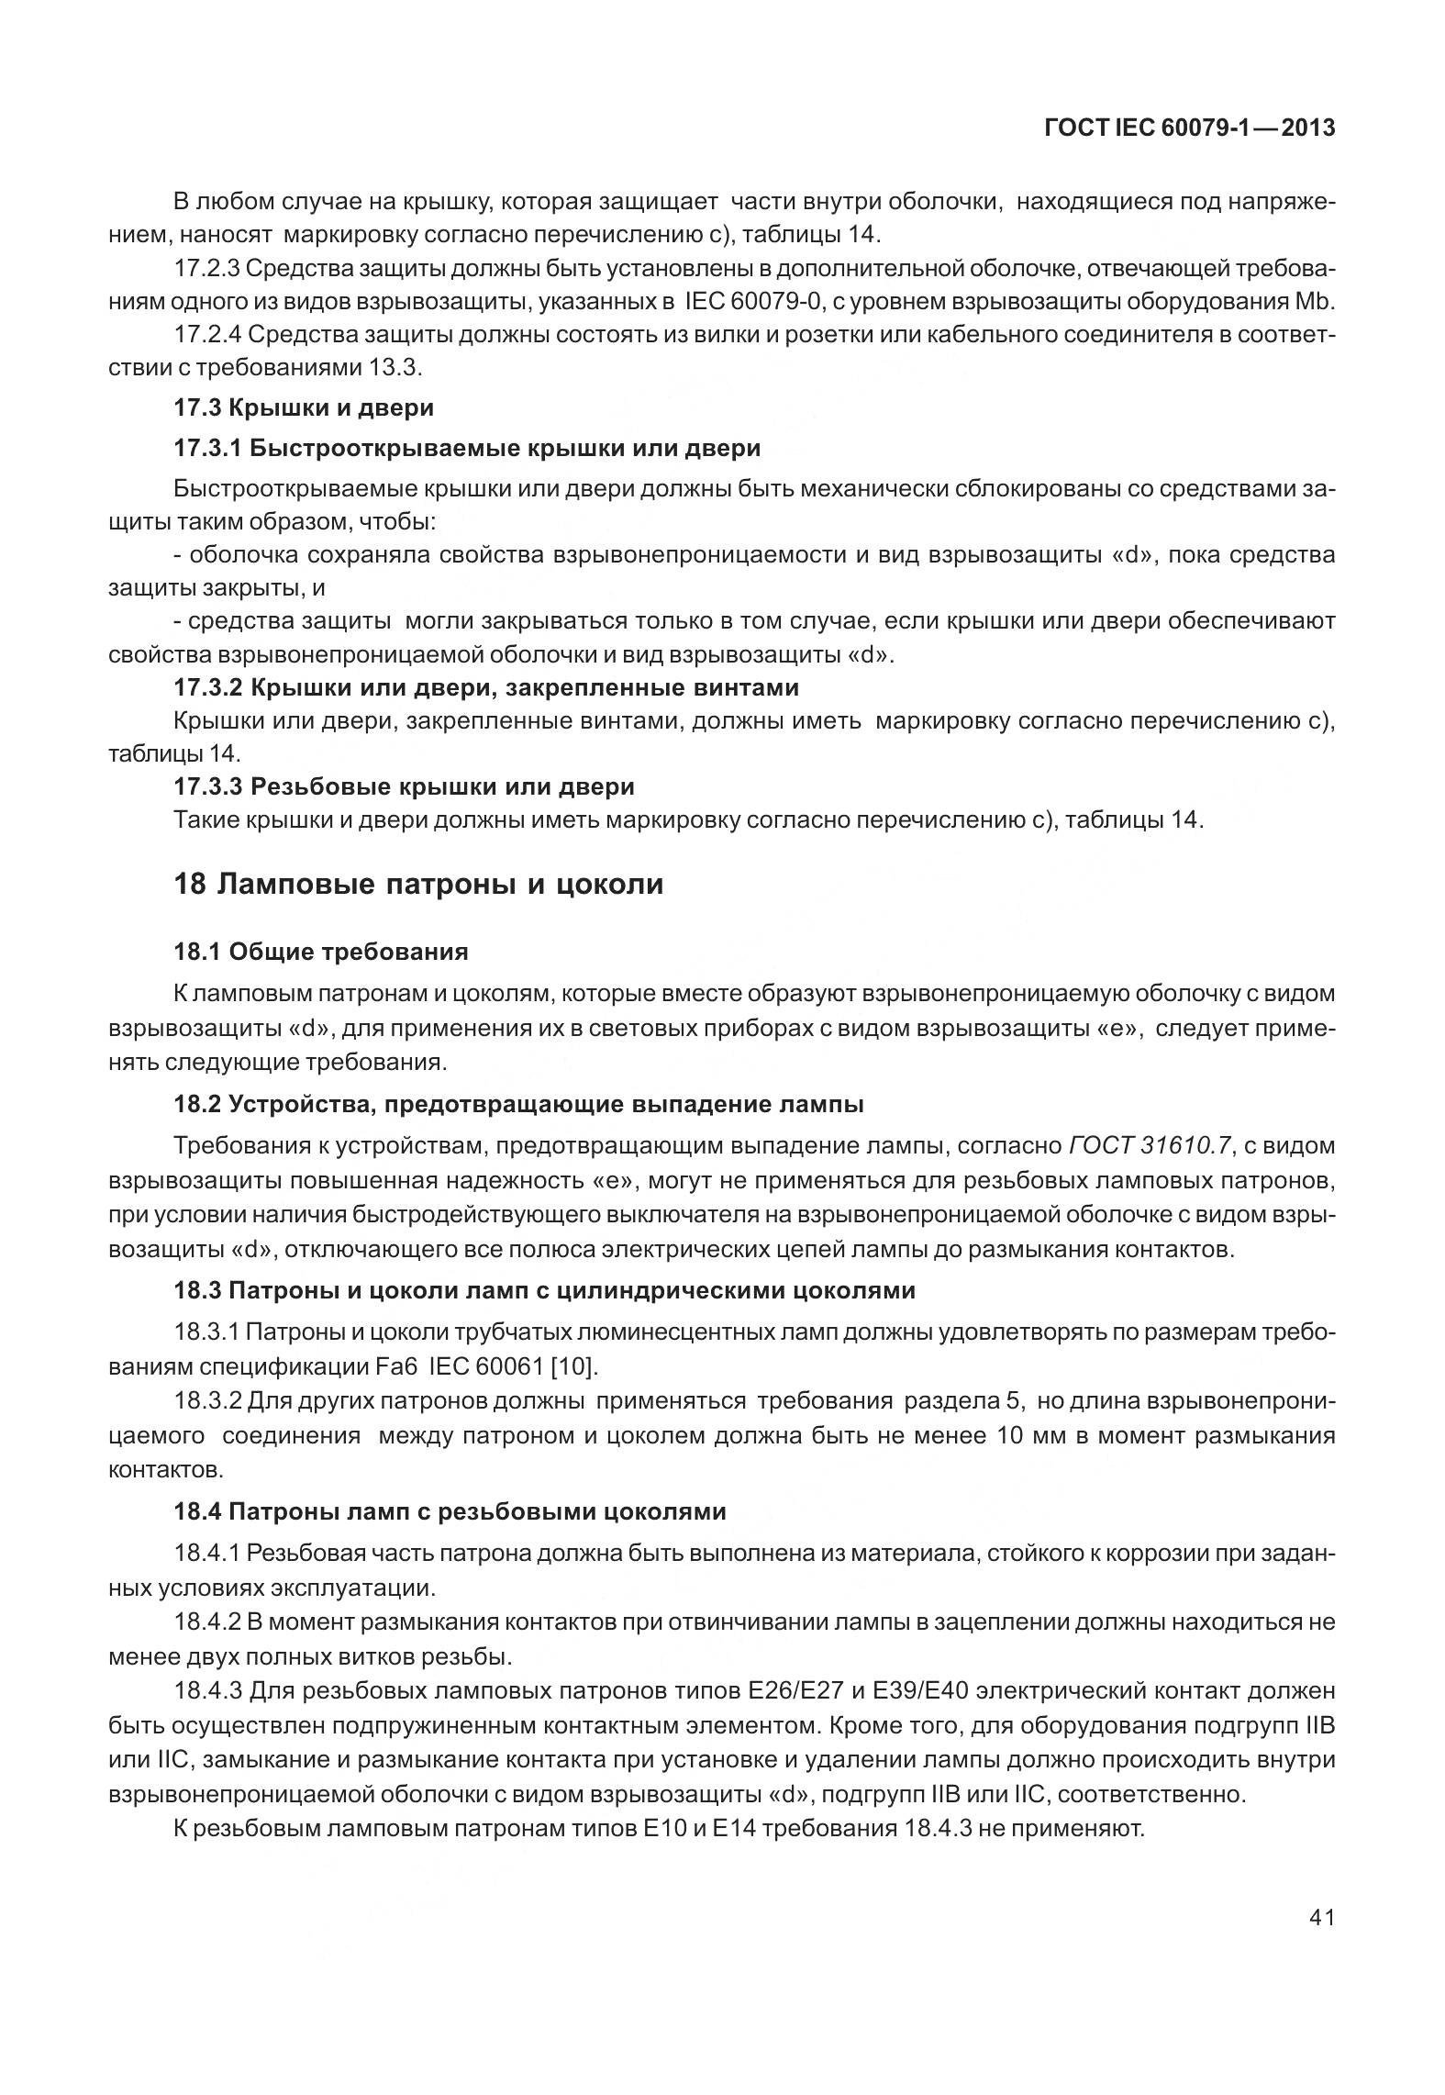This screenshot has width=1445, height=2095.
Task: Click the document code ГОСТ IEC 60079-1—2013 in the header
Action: click(x=1189, y=128)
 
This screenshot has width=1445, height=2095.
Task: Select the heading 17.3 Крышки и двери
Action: click(x=304, y=407)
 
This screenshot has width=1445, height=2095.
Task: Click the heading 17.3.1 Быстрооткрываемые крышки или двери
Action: click(x=467, y=448)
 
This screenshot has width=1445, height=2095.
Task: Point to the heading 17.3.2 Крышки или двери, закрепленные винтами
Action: click(x=486, y=687)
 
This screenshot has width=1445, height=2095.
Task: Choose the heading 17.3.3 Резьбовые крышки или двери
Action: click(x=404, y=786)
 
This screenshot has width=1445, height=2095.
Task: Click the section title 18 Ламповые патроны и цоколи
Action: click(x=418, y=885)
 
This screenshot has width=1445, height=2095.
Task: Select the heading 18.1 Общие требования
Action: click(x=321, y=952)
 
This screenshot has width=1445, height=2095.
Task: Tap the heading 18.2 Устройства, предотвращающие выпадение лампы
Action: click(x=518, y=1104)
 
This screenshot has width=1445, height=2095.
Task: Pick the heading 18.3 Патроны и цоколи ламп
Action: click(x=544, y=1290)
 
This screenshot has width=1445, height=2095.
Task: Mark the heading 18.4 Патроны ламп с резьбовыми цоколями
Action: click(x=450, y=1511)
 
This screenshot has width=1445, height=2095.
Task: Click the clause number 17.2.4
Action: click(x=206, y=335)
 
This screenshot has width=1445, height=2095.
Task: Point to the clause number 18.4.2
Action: click(x=206, y=1621)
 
